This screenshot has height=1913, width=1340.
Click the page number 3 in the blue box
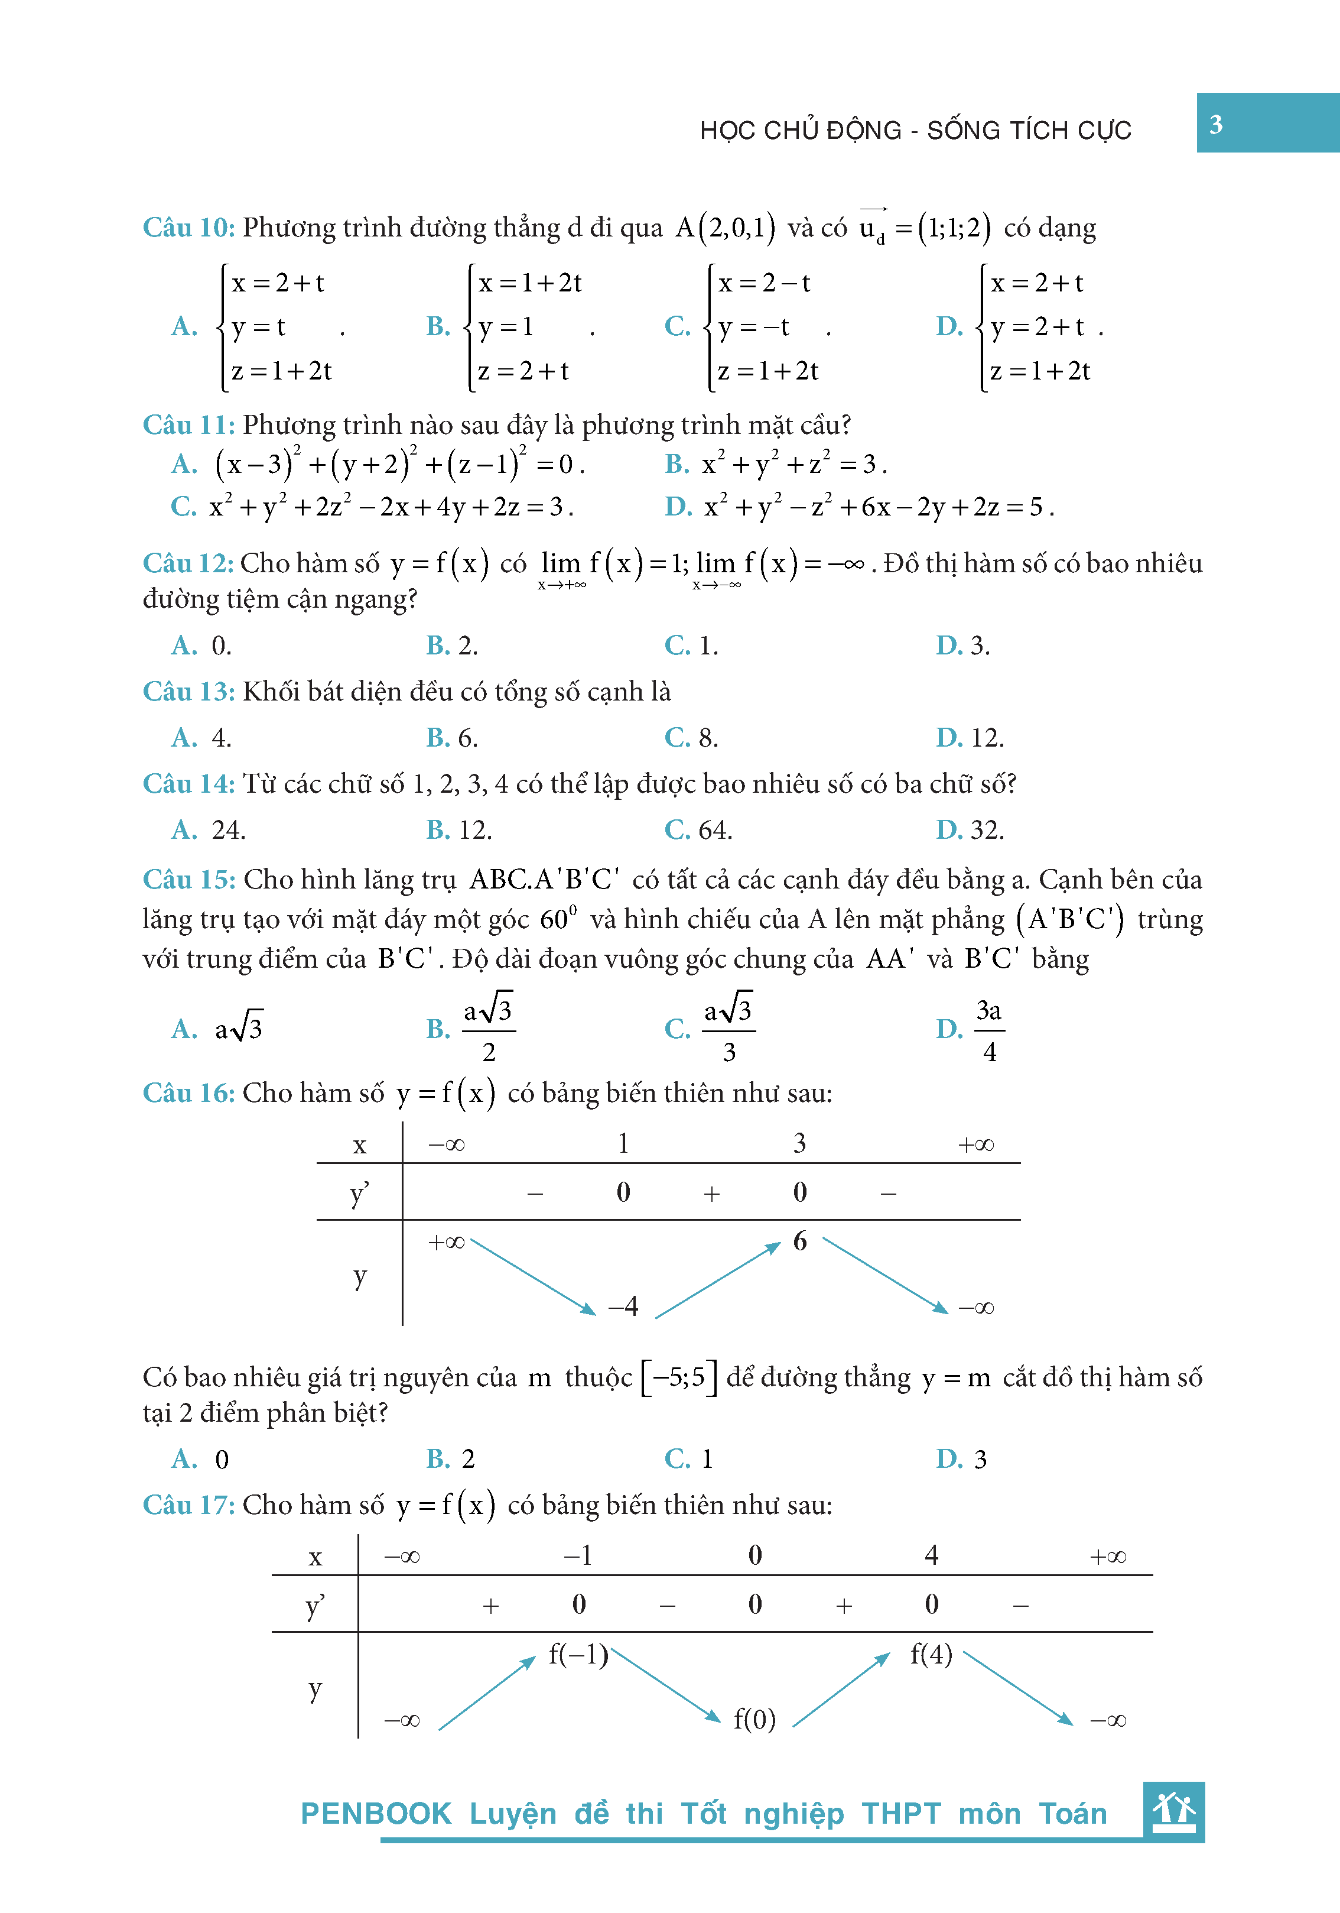pyautogui.click(x=1215, y=125)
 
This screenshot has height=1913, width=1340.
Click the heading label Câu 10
pyautogui.click(x=188, y=228)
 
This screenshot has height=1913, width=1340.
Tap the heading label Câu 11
pyautogui.click(x=188, y=425)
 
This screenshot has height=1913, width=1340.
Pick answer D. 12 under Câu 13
pyautogui.click(x=970, y=737)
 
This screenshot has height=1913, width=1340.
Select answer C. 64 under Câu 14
pyautogui.click(x=698, y=830)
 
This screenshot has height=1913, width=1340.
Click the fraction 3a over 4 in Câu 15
pyautogui.click(x=988, y=1030)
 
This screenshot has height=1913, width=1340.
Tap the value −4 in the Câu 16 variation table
pyautogui.click(x=623, y=1306)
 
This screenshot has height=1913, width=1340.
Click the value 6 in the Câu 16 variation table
pyautogui.click(x=799, y=1241)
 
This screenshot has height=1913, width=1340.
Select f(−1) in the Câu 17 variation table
pyautogui.click(x=578, y=1654)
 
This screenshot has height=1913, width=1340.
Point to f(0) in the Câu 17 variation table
pyautogui.click(x=754, y=1719)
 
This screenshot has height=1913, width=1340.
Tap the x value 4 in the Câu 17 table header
pyautogui.click(x=931, y=1555)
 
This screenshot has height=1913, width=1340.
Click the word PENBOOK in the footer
pyautogui.click(x=376, y=1814)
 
